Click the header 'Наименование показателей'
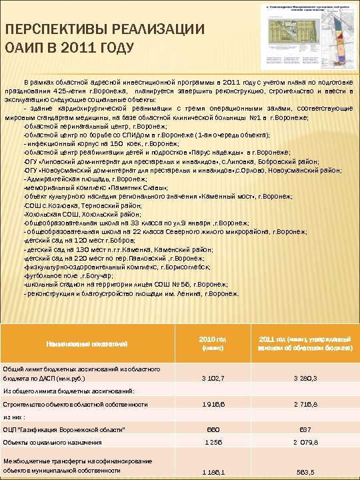point(86,343)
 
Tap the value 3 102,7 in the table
point(213,378)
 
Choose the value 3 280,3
point(305,378)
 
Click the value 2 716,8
point(305,404)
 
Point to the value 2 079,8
point(305,442)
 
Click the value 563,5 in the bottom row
point(305,471)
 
